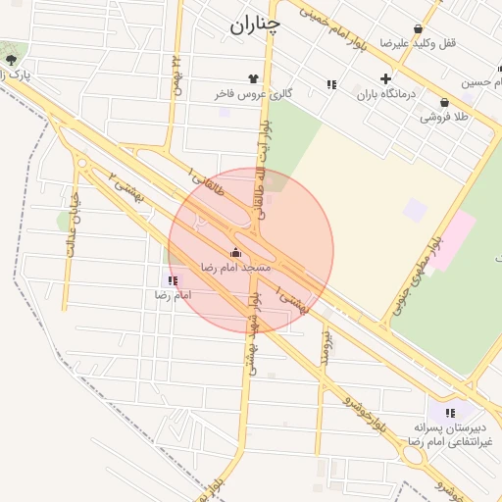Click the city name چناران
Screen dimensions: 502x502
tap(255, 25)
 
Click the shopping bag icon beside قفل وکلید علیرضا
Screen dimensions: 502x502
tap(420, 29)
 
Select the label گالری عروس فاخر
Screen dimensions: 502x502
tap(254, 94)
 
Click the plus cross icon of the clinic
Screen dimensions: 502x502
tap(385, 78)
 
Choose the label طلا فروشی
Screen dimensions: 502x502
tap(444, 117)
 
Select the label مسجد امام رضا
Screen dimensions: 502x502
tap(235, 267)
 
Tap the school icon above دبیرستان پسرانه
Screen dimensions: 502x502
tap(450, 413)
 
